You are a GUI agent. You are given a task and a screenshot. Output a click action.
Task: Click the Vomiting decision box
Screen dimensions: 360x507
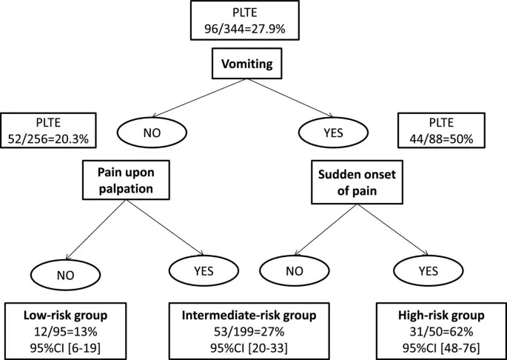pos(253,65)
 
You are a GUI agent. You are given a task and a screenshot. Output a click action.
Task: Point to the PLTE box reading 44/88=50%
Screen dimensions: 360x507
pos(442,132)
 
